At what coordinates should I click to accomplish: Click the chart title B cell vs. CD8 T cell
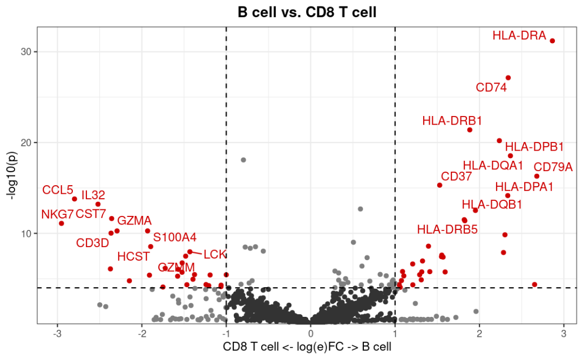307,12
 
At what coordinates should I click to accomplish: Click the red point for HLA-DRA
552,41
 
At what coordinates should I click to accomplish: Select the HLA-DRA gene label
519,36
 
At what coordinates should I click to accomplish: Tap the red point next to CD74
508,78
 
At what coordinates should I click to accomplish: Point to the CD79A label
553,167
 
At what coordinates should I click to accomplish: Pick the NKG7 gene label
57,214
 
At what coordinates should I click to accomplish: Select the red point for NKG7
62,223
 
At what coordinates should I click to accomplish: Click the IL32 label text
93,195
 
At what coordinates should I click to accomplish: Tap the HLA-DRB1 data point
470,130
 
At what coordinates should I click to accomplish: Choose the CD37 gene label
457,176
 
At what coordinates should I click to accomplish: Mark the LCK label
215,254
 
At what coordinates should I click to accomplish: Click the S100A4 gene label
175,237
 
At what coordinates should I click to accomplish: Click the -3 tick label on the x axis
57,334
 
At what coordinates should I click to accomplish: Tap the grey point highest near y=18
243,160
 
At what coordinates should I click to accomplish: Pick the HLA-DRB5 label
448,229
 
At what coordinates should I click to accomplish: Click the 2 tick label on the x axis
479,334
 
